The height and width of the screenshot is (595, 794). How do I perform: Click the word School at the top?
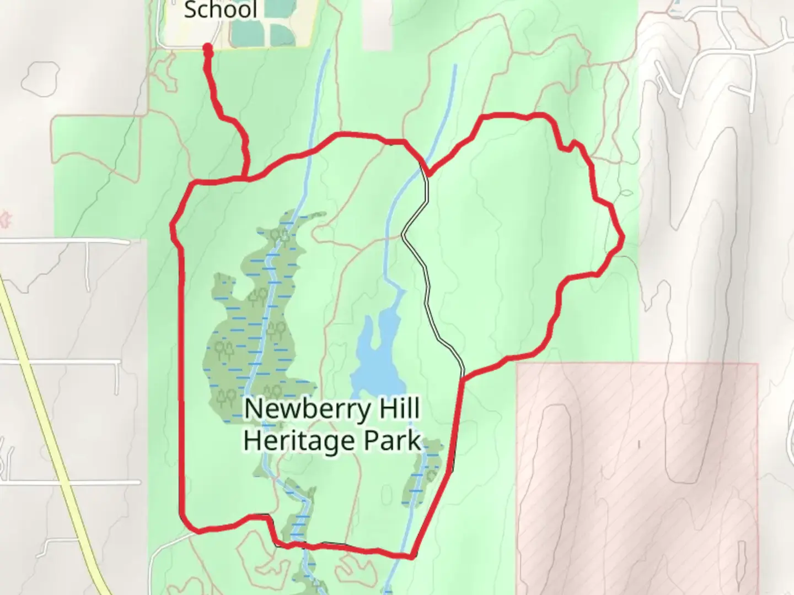221,9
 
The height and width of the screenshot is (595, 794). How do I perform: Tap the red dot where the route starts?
208,50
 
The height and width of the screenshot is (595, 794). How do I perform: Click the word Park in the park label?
393,441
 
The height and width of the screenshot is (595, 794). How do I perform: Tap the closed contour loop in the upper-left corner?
40,76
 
